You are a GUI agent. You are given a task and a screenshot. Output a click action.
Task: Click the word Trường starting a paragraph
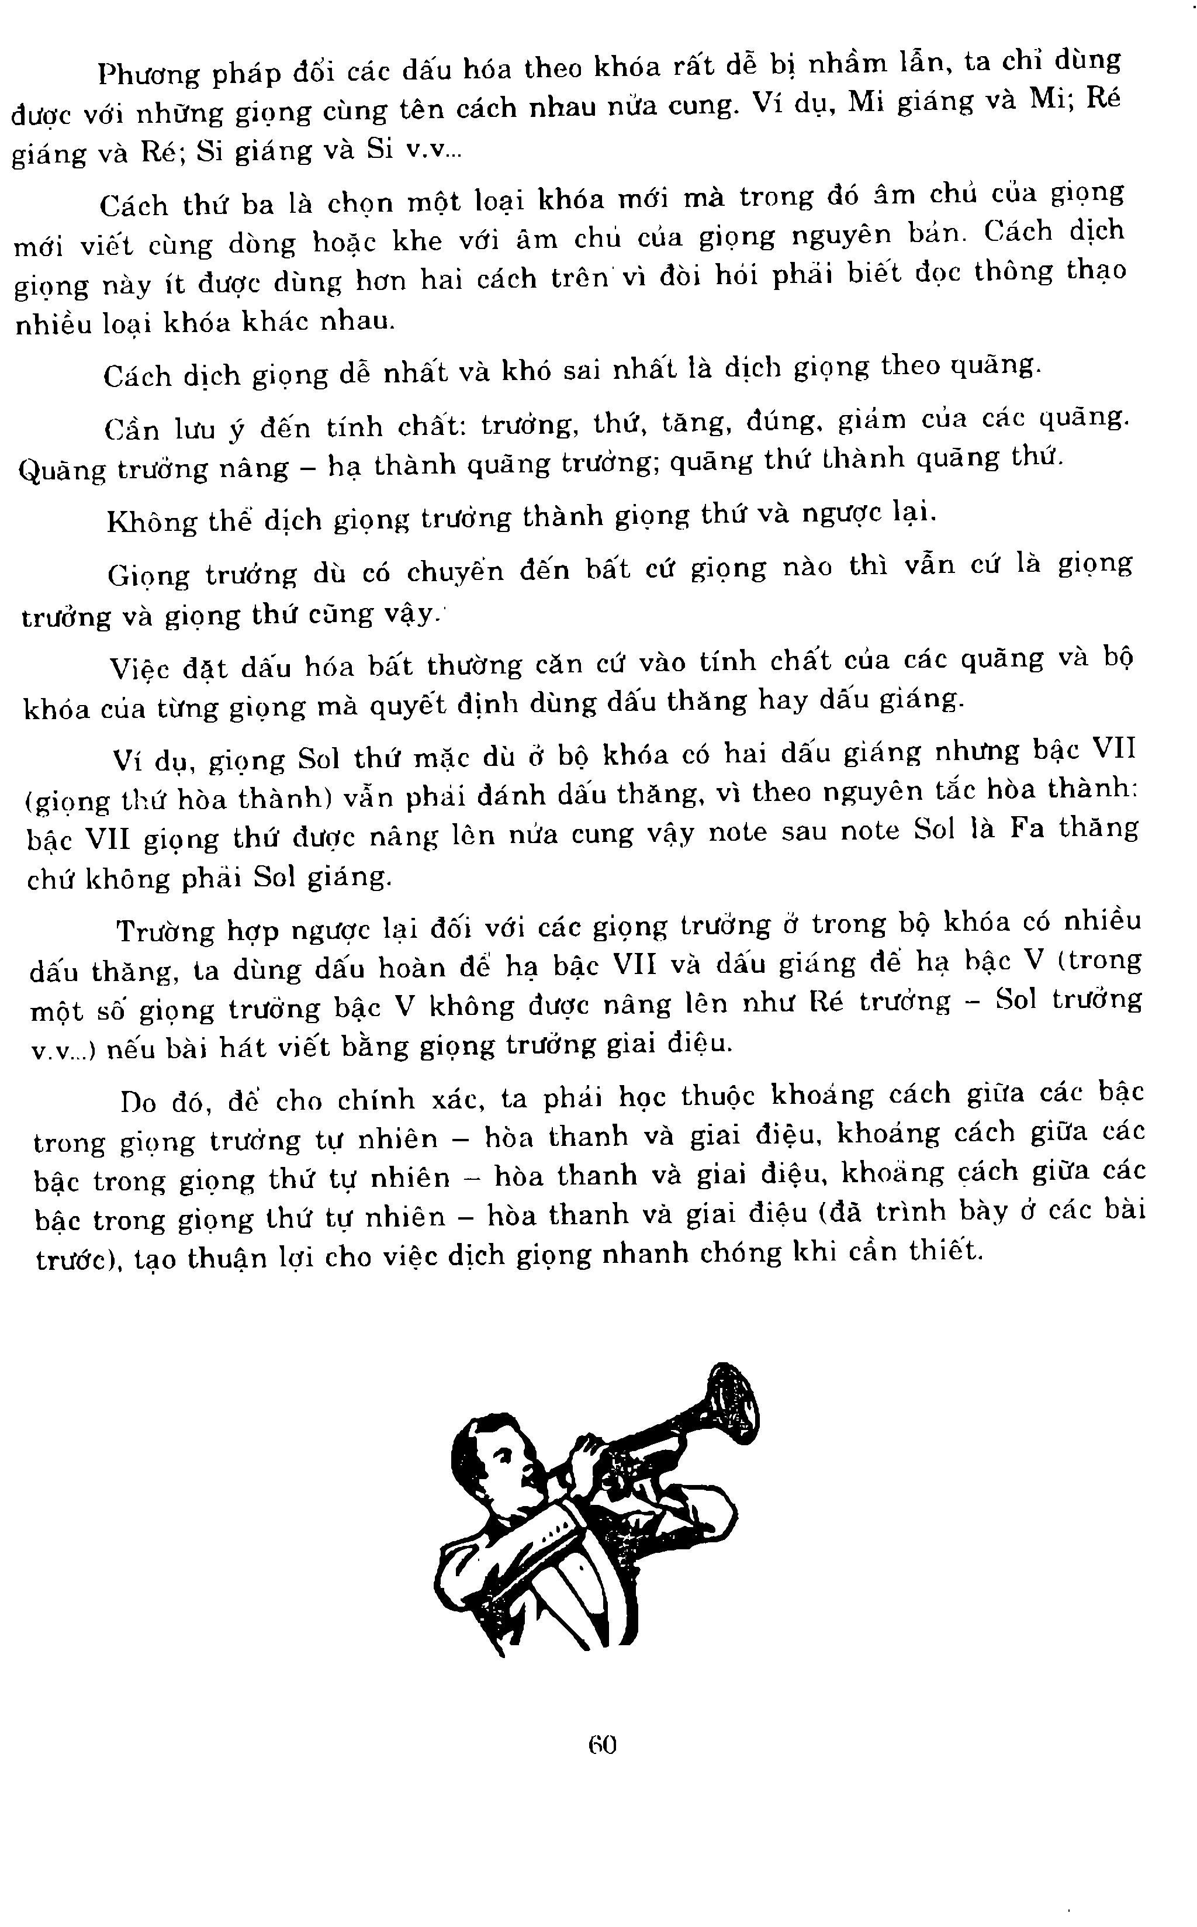tap(165, 931)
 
